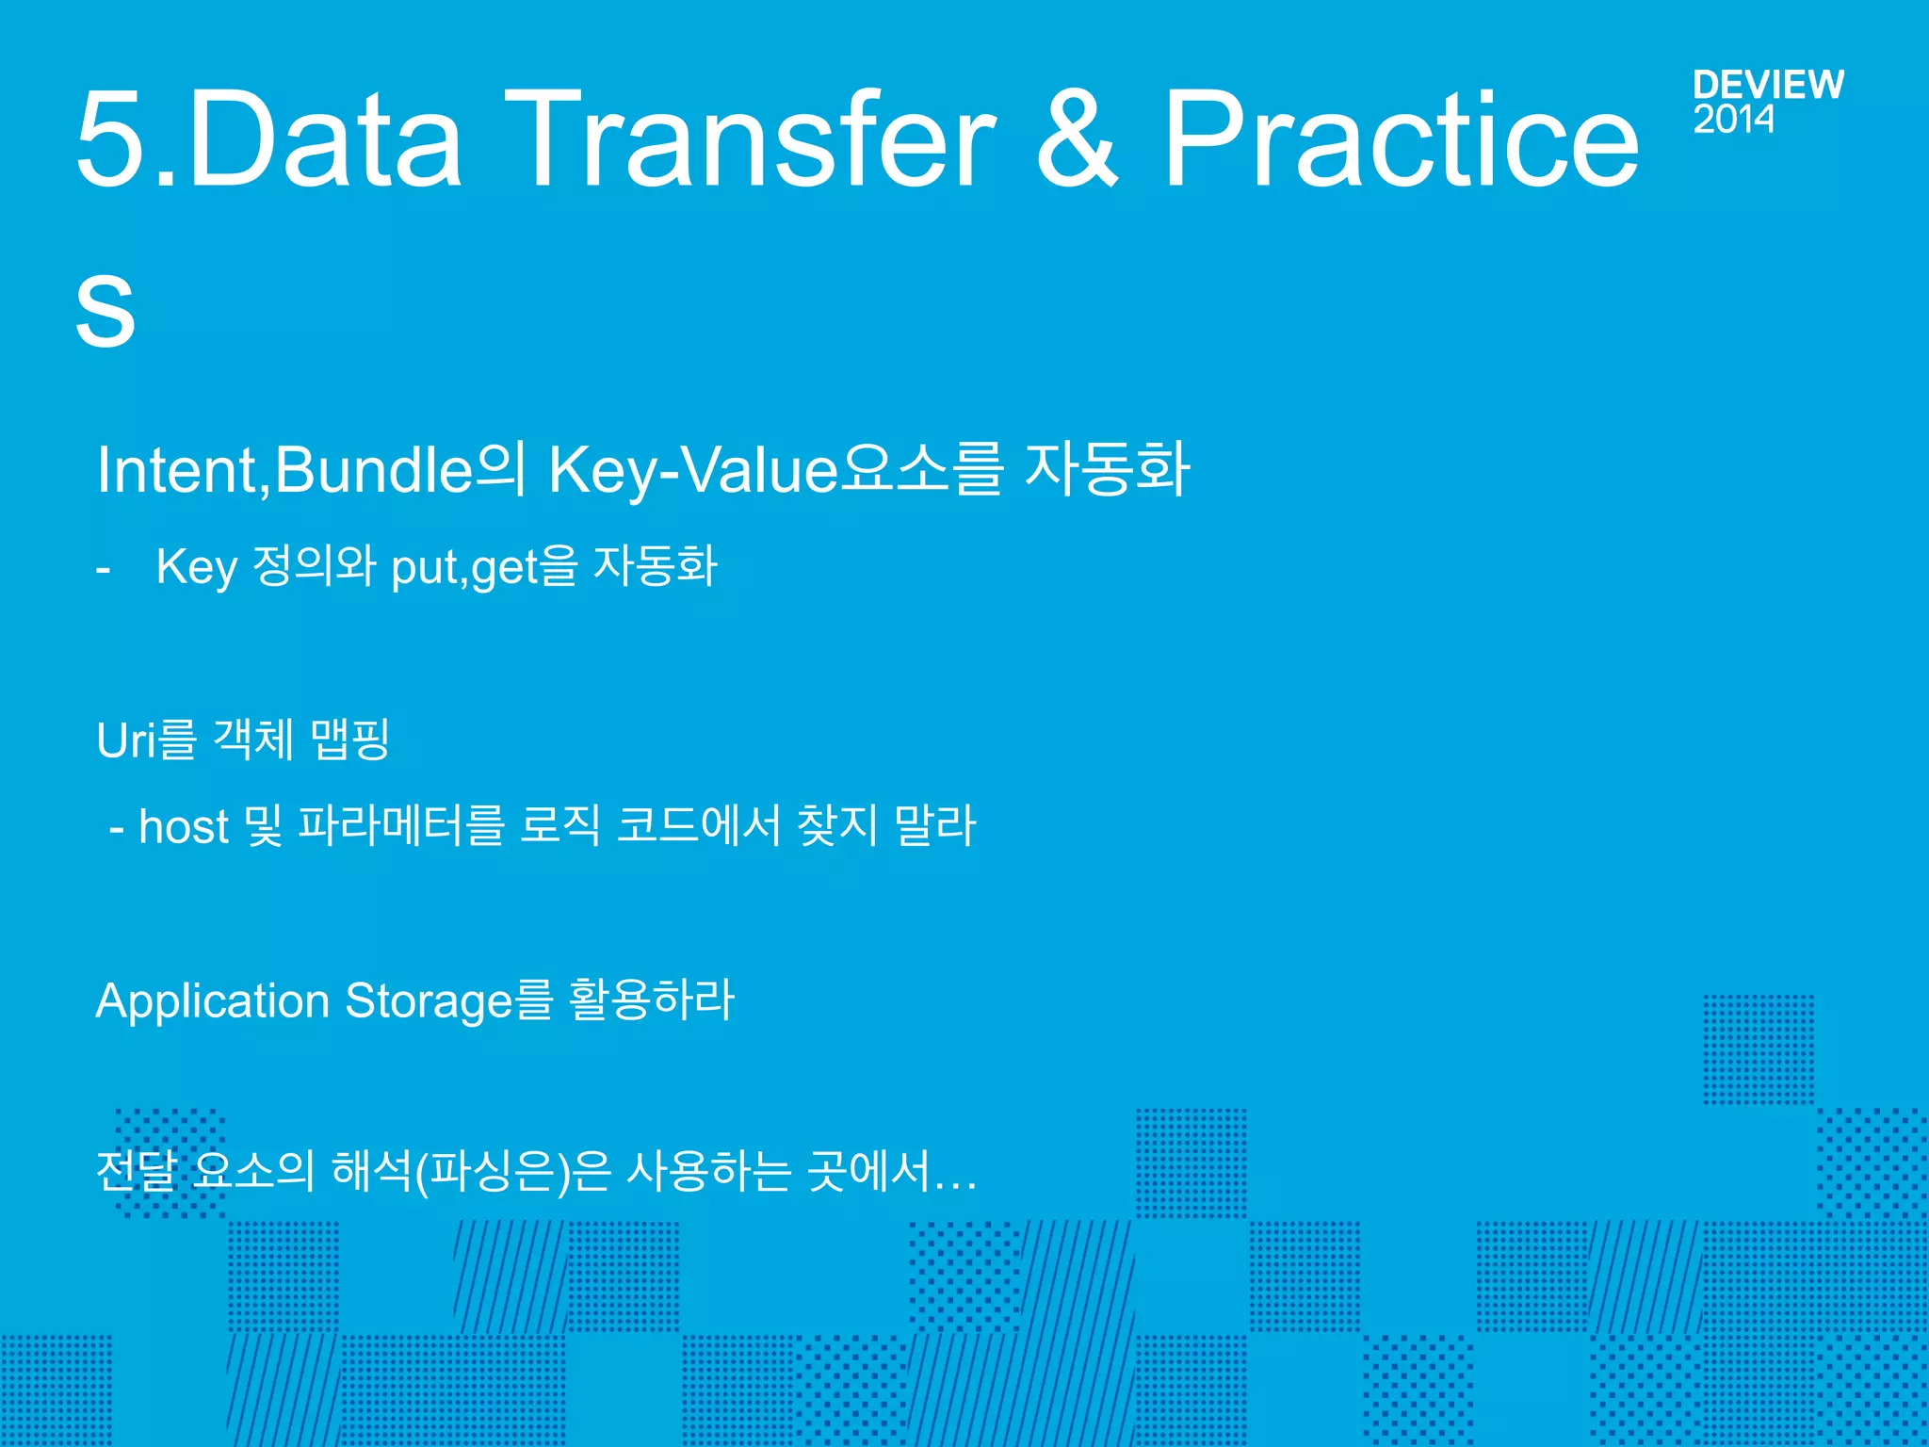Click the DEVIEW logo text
click(1767, 85)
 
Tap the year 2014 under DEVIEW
click(1733, 120)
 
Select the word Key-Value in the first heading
click(692, 470)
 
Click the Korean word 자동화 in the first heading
click(1107, 468)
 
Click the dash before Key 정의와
click(104, 569)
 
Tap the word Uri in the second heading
click(125, 740)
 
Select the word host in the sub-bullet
click(184, 827)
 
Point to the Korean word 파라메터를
click(400, 825)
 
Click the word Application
click(212, 1001)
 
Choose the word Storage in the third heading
click(430, 1001)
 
